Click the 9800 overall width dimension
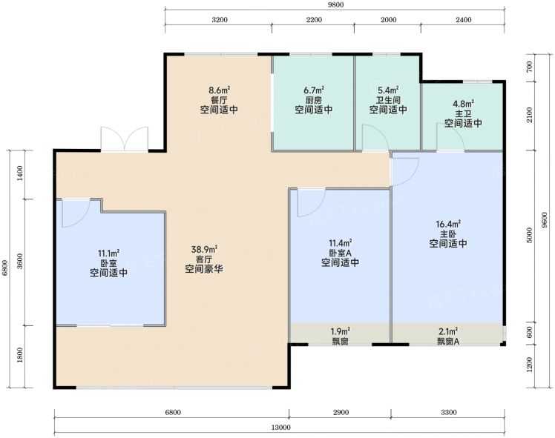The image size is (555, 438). pos(335,5)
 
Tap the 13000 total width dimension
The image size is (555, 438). pos(281,428)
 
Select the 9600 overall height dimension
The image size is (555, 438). pos(545,219)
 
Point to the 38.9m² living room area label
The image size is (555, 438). pos(204,250)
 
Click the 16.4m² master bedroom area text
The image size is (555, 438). pos(448,224)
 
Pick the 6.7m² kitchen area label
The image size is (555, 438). pos(314,90)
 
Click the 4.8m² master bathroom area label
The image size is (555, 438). pos(463,104)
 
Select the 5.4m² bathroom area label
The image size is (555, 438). pos(388,90)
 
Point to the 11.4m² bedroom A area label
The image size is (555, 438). pos(340,243)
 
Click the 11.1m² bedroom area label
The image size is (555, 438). pos(108,253)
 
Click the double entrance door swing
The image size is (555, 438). pos(124,139)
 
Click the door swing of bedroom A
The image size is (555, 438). pos(311,203)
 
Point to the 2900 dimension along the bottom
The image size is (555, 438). pos(341,412)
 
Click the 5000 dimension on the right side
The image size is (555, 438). pos(530,235)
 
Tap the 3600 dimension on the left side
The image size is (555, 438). pos(20,261)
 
